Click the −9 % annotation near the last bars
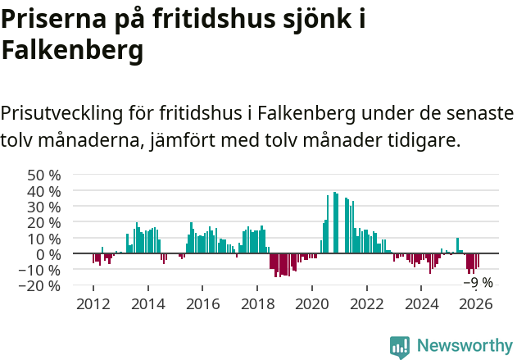(478, 283)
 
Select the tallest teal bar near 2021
(334, 223)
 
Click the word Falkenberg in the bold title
(73, 50)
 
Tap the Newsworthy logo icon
(400, 346)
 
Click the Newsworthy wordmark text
(464, 346)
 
